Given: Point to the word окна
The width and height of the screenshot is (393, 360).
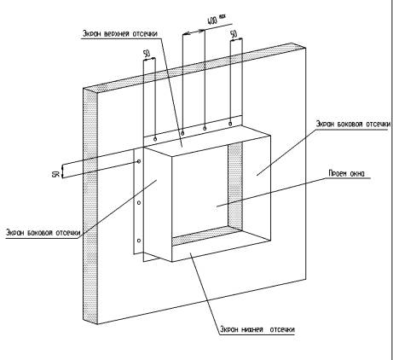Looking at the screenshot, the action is (x=357, y=173).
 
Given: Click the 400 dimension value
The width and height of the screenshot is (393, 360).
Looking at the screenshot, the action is (x=212, y=20).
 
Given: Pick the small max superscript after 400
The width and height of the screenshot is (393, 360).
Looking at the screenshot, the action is (x=223, y=16).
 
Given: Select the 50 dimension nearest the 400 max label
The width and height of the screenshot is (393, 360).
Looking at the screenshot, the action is (x=234, y=34).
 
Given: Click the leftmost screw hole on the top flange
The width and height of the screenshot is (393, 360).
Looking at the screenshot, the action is (x=155, y=139).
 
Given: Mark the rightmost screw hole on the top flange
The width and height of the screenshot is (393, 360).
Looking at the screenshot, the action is (x=230, y=124).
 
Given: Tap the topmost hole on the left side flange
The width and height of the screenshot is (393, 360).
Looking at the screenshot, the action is (x=139, y=161).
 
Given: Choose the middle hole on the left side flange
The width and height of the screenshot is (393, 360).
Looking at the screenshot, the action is (x=139, y=203).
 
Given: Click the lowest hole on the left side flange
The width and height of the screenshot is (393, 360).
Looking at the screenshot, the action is (x=139, y=241).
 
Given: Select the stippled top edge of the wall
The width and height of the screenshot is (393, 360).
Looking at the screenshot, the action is (x=194, y=66).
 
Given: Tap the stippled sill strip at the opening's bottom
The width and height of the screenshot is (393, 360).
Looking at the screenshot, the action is (x=207, y=236).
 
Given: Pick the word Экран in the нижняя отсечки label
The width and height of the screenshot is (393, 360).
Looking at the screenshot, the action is (x=229, y=329).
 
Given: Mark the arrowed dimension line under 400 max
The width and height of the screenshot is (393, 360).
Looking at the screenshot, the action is (x=194, y=32).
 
